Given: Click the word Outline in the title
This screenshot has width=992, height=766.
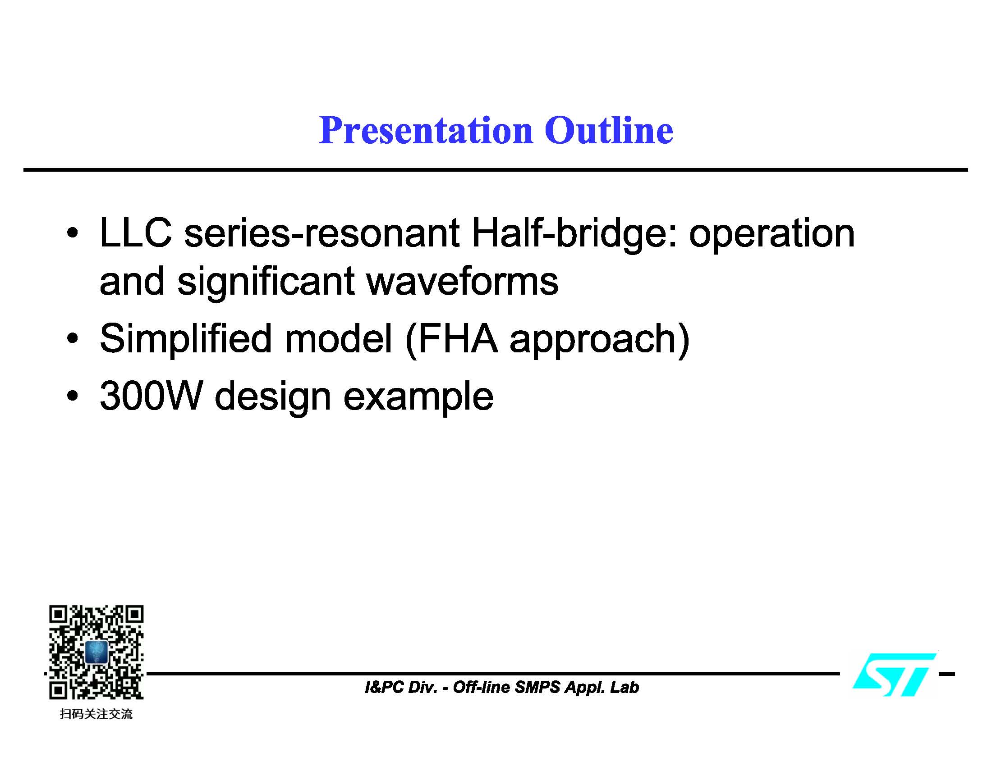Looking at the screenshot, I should [x=608, y=131].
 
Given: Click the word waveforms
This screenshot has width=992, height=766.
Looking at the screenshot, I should [x=462, y=281].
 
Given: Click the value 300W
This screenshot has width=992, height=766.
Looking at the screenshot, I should [x=151, y=396].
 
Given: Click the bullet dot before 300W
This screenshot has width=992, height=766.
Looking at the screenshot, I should [x=72, y=396].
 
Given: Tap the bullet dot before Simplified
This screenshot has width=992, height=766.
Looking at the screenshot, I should [x=72, y=338].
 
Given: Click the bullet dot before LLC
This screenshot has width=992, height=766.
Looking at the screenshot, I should [x=72, y=234].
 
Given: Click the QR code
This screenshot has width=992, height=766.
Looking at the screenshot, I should [x=96, y=652].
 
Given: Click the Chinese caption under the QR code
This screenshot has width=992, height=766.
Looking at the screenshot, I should [x=96, y=714].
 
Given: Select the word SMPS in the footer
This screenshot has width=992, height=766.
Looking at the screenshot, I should [x=538, y=688].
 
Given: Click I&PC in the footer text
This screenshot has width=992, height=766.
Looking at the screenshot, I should [x=384, y=688].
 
